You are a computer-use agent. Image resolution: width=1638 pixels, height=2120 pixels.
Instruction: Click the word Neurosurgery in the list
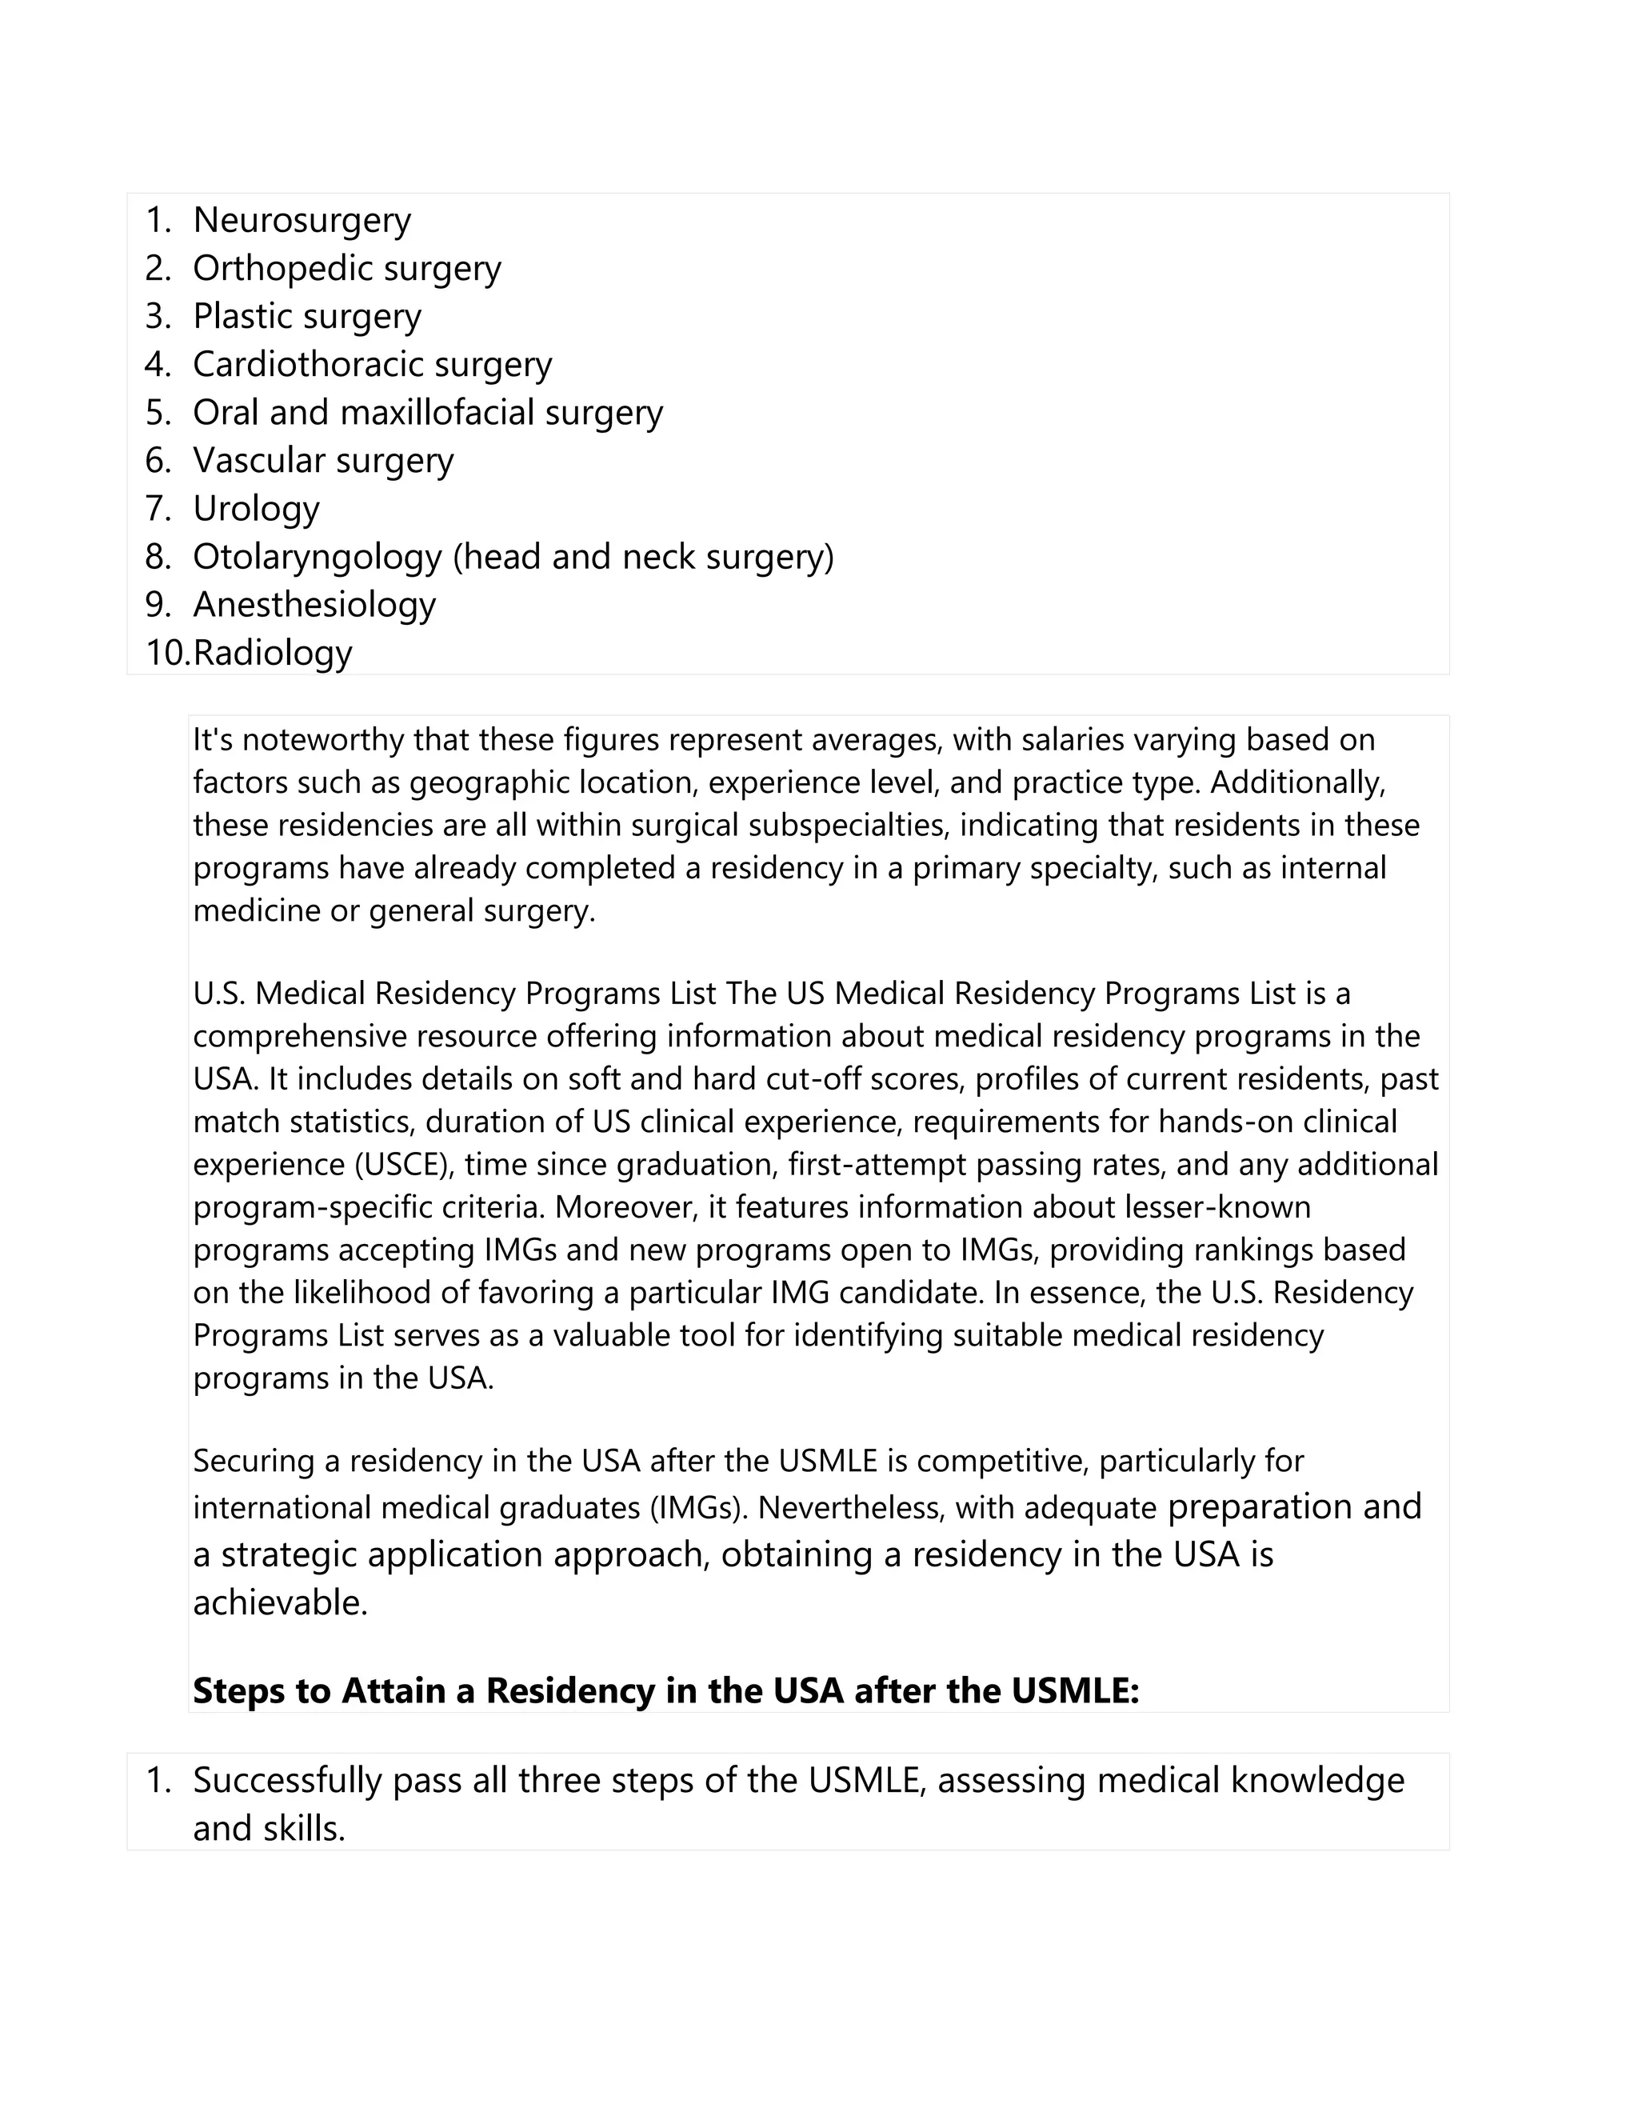302,220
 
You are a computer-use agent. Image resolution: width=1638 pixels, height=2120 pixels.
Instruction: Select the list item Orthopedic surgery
346,269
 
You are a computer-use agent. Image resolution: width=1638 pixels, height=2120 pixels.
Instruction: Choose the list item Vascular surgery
322,460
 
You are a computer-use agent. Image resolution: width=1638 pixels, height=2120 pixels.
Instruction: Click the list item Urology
256,509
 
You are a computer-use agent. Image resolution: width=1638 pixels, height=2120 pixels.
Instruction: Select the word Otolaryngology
318,557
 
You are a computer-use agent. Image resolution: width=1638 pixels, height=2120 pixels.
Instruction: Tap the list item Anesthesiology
314,605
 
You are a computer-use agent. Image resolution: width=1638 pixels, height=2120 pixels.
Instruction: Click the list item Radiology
273,654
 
